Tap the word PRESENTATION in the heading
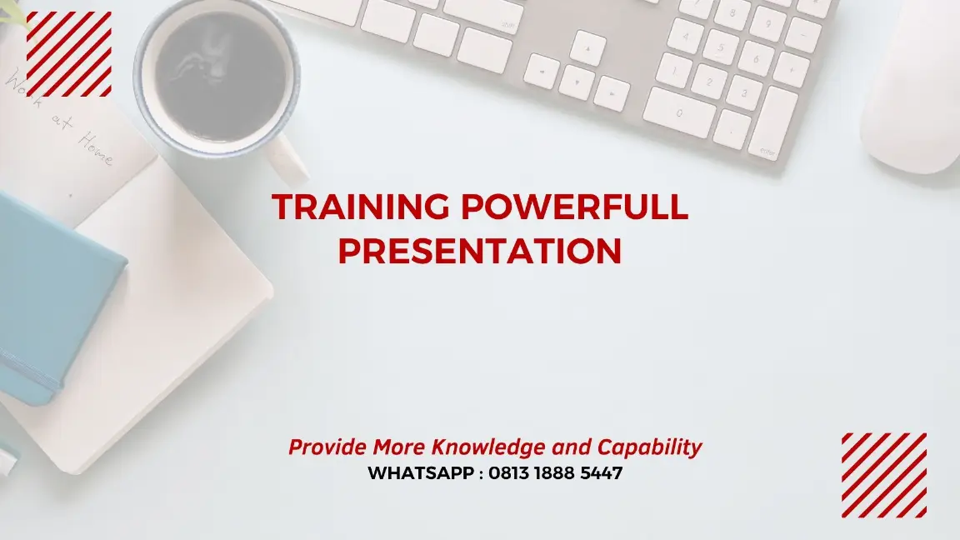click(480, 251)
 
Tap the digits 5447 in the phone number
click(601, 473)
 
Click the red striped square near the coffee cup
click(69, 54)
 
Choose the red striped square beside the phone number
click(883, 475)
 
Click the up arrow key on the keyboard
click(587, 48)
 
